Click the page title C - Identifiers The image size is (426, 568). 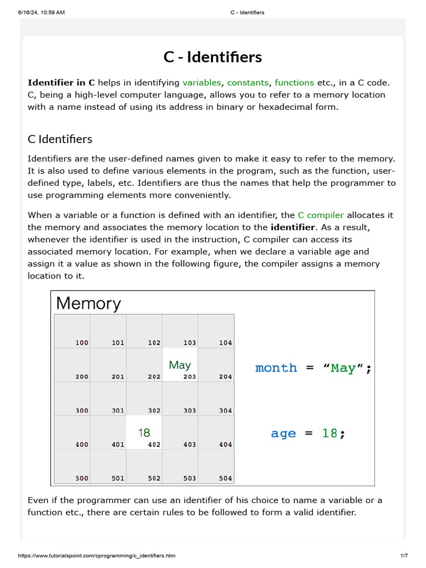(213, 57)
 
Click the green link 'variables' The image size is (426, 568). (202, 83)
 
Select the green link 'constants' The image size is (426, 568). (248, 83)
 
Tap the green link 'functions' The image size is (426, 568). (295, 83)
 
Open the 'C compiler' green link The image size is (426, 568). (321, 215)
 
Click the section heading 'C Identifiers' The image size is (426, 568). (60, 139)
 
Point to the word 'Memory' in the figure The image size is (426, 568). (88, 303)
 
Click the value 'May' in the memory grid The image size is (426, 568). (180, 365)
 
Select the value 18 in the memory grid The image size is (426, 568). (144, 433)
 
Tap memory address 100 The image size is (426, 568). (82, 343)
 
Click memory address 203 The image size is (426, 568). (190, 377)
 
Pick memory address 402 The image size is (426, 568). (154, 444)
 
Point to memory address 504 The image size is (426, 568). (225, 478)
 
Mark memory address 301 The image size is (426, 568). (118, 410)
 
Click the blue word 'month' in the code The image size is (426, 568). (276, 368)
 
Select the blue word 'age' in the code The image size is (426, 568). (283, 434)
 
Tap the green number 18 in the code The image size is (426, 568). (329, 434)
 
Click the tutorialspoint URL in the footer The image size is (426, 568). (97, 556)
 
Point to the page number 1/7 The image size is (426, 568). (404, 556)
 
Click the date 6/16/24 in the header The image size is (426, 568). (28, 12)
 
